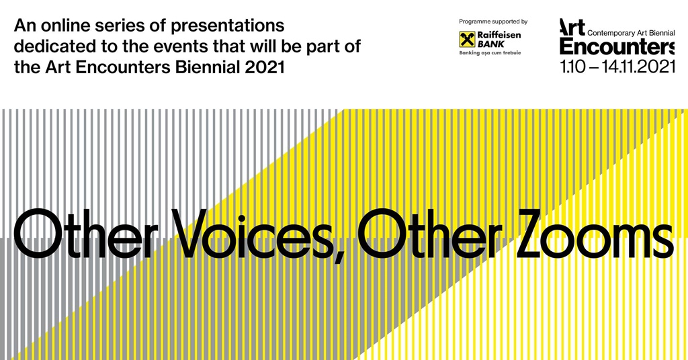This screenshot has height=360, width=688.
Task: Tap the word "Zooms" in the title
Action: tap(594, 234)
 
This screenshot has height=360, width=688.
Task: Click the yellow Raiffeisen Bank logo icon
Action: tap(467, 40)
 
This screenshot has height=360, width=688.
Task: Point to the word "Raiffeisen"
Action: tap(499, 35)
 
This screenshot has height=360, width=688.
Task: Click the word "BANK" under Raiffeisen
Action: tap(491, 44)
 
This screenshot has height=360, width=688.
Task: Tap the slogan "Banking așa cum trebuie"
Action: tap(490, 53)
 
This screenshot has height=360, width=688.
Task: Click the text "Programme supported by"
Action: tap(493, 21)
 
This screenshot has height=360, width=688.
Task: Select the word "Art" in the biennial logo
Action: tap(572, 27)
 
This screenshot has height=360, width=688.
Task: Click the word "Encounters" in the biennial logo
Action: tap(617, 46)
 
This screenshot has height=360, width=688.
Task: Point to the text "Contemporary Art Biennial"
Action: tap(631, 33)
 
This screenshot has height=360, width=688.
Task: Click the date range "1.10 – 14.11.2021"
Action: tap(617, 66)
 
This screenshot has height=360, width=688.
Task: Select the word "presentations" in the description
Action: tap(227, 27)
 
